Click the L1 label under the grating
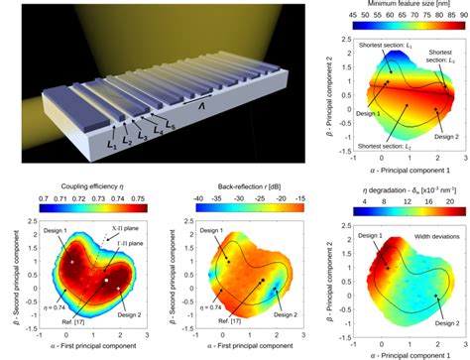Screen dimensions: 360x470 coord(110,148)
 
